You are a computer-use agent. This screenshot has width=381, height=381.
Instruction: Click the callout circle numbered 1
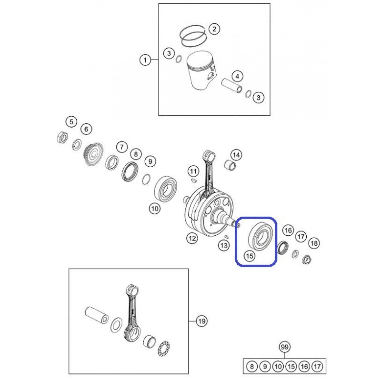pyautogui.click(x=145, y=60)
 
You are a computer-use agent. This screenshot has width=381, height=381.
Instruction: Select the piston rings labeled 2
pyautogui.click(x=194, y=36)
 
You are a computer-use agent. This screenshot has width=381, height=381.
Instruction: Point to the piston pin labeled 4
pyautogui.click(x=231, y=85)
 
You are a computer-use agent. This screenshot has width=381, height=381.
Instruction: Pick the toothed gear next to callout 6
pyautogui.click(x=93, y=155)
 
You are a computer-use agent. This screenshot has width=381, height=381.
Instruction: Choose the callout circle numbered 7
pyautogui.click(x=122, y=147)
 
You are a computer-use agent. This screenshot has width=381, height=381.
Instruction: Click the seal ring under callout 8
pyautogui.click(x=130, y=171)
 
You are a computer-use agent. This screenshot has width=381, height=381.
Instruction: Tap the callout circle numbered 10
pyautogui.click(x=155, y=208)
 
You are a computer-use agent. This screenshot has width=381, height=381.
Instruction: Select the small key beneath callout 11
pyautogui.click(x=193, y=180)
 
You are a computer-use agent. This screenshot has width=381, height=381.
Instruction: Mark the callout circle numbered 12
pyautogui.click(x=192, y=238)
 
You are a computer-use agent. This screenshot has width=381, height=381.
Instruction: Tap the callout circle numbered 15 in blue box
pyautogui.click(x=250, y=256)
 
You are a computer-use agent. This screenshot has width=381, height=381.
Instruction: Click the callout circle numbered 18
pyautogui.click(x=314, y=243)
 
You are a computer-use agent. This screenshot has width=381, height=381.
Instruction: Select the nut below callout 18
pyautogui.click(x=306, y=260)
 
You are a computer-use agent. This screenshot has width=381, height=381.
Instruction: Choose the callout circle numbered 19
pyautogui.click(x=201, y=321)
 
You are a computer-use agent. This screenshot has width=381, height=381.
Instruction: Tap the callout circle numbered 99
pyautogui.click(x=284, y=347)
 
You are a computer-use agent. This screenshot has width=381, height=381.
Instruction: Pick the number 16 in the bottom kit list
pyautogui.click(x=304, y=366)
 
